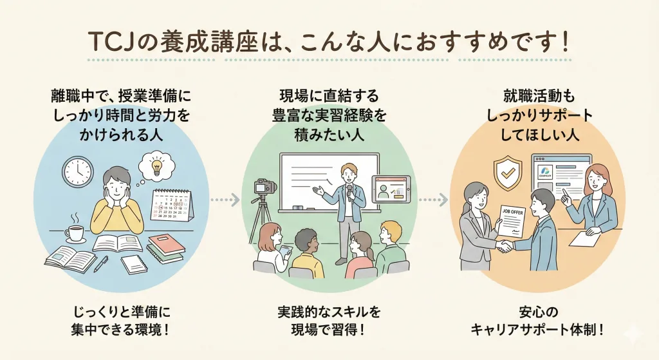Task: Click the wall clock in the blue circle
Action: coord(78,171)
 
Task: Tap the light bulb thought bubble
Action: coord(156,166)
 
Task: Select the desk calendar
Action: coord(172,205)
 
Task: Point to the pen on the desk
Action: coord(101,263)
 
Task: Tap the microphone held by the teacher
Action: coord(349,191)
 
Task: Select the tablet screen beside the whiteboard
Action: coord(391,189)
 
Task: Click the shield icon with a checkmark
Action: coord(508,173)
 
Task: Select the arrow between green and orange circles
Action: coord(433,200)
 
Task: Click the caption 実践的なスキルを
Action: coord(329,312)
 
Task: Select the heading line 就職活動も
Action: coord(539,97)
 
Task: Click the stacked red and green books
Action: coord(165,249)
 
